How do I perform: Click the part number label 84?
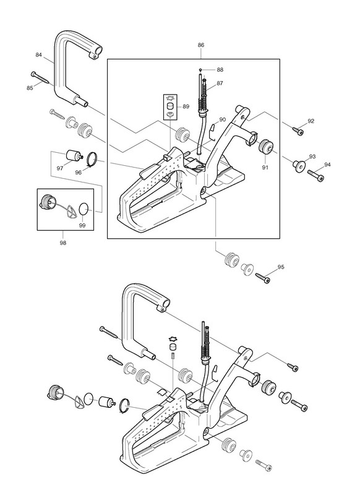38,55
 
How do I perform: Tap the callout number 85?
30,88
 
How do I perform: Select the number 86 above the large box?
201,45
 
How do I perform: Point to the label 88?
220,70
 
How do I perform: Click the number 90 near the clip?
223,119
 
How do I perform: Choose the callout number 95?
281,267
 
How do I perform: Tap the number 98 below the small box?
63,243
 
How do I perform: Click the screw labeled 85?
41,78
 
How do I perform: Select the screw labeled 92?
298,131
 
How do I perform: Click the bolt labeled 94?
315,175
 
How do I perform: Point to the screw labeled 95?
263,278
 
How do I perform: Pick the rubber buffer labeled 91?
265,146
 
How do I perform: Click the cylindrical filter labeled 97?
74,156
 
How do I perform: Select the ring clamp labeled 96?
92,159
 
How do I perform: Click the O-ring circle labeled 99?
83,209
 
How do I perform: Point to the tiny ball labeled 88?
200,70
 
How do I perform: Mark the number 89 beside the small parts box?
186,106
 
